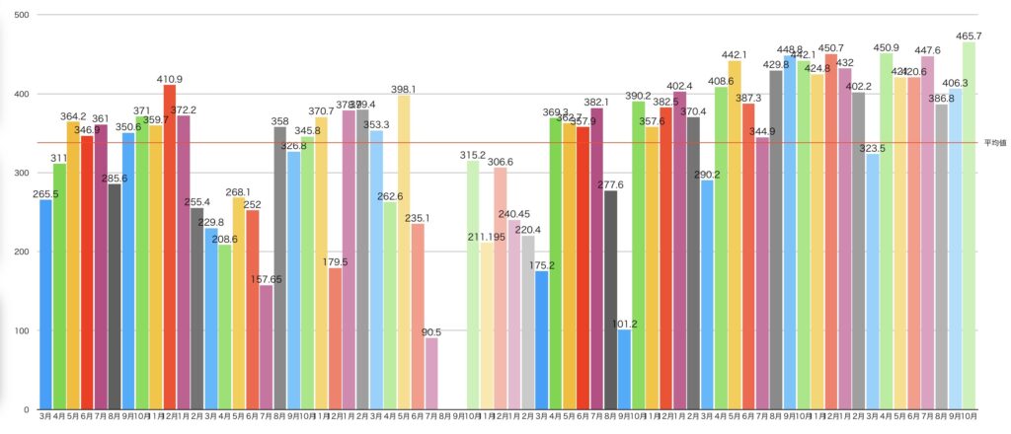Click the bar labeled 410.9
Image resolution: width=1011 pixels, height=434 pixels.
pos(170,247)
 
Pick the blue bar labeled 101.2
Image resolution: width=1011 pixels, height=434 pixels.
pos(624,369)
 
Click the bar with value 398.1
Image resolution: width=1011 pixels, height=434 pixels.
pos(404,252)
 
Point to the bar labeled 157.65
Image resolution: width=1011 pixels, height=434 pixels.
pos(267,346)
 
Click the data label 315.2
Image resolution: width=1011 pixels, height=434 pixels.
pos(473,155)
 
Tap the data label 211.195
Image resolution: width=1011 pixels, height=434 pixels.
pos(487,236)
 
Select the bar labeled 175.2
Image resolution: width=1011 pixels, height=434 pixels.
pos(541,339)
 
